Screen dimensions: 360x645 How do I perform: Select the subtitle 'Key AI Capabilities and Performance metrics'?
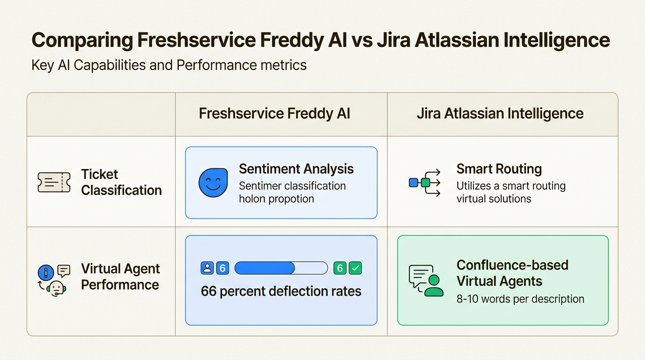click(x=169, y=65)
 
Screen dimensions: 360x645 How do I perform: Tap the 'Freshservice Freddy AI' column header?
click(x=275, y=114)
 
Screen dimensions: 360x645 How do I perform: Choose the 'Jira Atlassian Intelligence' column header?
click(x=500, y=114)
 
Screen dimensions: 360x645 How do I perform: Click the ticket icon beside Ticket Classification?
click(x=54, y=182)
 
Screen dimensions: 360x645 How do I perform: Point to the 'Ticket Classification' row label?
click(x=121, y=182)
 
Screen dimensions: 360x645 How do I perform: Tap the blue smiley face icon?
click(x=213, y=183)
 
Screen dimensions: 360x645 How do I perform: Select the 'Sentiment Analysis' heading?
click(x=296, y=169)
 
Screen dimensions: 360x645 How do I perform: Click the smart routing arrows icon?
click(x=425, y=183)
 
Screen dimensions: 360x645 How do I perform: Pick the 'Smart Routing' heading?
click(x=499, y=169)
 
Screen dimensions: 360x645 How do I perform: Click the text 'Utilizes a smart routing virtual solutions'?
click(x=511, y=192)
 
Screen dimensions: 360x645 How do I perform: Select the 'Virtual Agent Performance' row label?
click(x=120, y=277)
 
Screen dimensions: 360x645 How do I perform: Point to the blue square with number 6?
click(x=223, y=268)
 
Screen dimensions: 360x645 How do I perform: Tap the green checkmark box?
click(x=355, y=268)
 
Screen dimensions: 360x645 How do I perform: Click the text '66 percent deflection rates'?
click(x=281, y=292)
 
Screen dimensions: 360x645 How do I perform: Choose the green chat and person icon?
click(x=426, y=280)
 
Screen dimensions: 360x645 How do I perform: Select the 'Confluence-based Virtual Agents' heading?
click(x=512, y=273)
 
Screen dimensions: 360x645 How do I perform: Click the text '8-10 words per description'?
click(x=520, y=299)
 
